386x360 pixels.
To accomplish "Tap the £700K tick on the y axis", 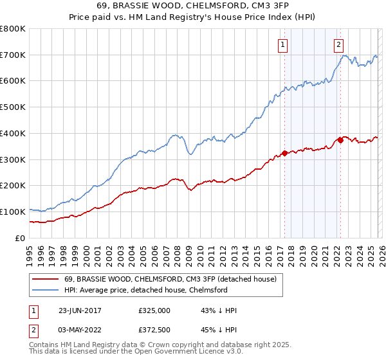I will coord(13,55).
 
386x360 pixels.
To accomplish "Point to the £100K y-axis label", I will coord(13,212).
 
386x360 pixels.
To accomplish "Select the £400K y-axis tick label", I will coord(13,133).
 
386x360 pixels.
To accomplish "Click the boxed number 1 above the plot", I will coord(283,44).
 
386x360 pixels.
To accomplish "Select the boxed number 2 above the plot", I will coord(338,44).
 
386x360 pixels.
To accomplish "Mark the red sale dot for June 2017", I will coord(284,154).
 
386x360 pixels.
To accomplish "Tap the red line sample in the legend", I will coord(45,279).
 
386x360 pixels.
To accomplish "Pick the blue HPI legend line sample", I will coord(45,290).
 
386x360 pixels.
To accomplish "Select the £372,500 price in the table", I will coord(154,329).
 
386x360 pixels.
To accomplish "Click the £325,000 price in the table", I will coord(154,310).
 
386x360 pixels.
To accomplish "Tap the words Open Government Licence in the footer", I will coord(180,353).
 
